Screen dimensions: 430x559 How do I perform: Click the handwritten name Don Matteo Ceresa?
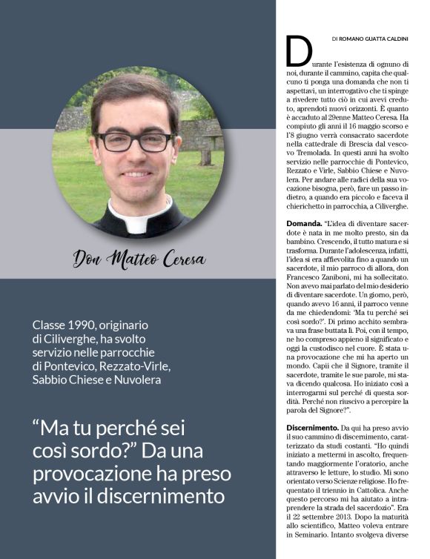tap(140, 259)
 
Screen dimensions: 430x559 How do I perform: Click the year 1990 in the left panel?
tap(91, 325)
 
